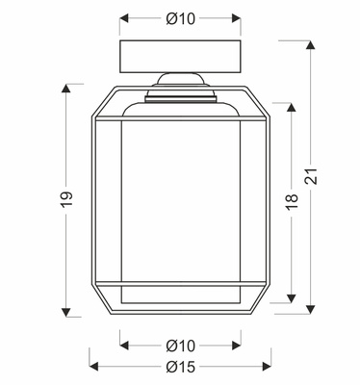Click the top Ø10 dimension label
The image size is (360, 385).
(x=180, y=19)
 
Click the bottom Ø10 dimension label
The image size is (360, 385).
(x=180, y=346)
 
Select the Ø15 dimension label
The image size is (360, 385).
(x=180, y=367)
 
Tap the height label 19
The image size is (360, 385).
(x=66, y=199)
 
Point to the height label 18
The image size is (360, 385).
(x=292, y=202)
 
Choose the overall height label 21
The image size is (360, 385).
(x=310, y=176)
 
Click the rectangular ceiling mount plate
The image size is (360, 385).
(x=180, y=56)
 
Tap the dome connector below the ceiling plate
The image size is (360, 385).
(x=180, y=79)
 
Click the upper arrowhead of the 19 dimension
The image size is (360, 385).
(x=66, y=89)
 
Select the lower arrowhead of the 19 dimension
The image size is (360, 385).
(x=66, y=312)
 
